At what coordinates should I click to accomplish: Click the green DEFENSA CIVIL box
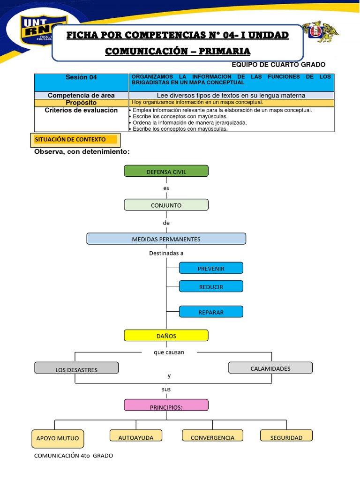pos(166,171)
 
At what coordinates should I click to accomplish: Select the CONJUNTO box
pos(166,205)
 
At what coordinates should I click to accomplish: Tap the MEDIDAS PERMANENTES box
pos(166,239)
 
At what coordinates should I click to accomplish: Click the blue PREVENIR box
pos(211,268)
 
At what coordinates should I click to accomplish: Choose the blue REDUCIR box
pos(211,286)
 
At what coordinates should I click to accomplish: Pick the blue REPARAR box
pos(211,312)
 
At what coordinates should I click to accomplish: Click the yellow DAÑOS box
pos(166,336)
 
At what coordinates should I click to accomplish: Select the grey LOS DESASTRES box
pos(76,368)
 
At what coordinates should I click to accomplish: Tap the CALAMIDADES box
pos(270,368)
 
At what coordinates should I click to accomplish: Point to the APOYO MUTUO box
pos(58,439)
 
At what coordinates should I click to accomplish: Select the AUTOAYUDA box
pos(136,436)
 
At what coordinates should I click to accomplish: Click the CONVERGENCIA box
pos(212,436)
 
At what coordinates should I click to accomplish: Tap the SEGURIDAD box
pos(286,436)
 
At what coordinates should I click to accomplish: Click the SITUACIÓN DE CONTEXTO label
pos(75,140)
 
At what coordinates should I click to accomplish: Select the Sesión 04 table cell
pos(81,77)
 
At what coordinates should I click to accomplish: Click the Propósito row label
pos(81,103)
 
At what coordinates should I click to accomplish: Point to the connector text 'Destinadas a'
pos(166,253)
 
